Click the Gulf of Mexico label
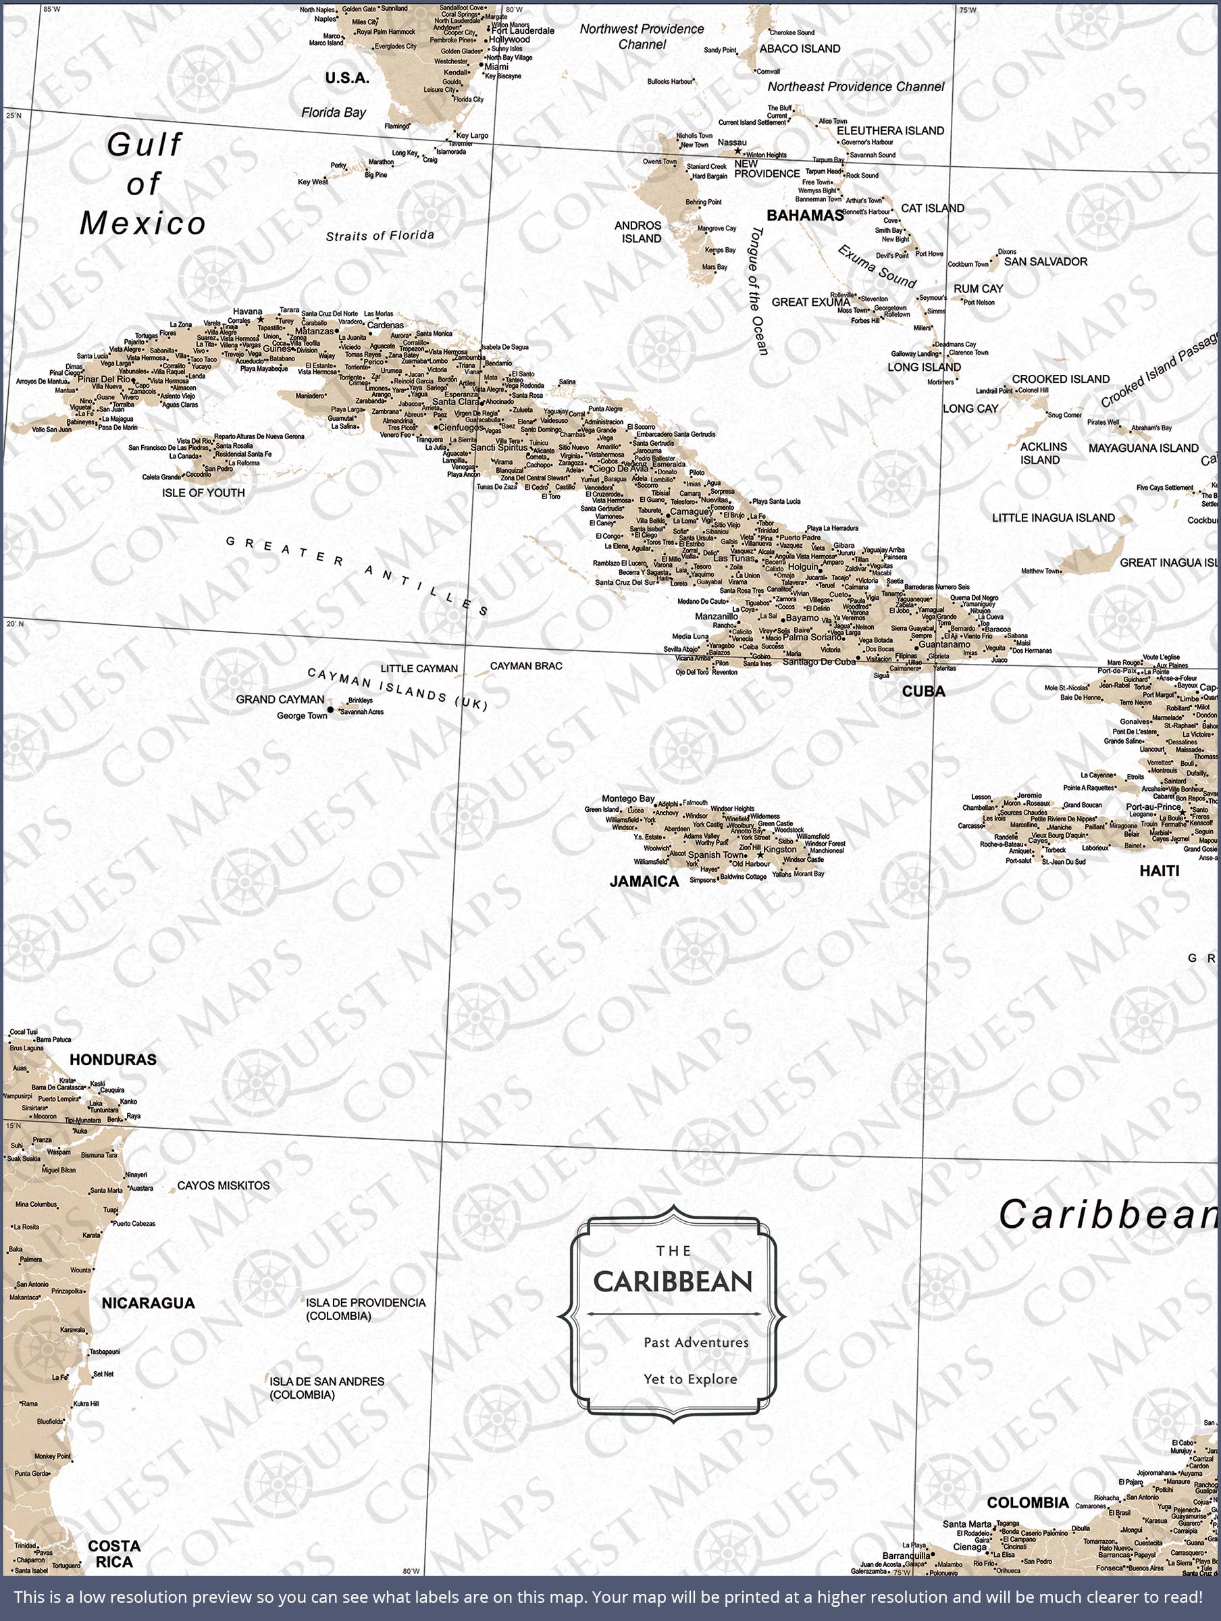[x=144, y=184]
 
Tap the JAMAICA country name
[x=644, y=881]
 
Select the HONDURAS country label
[x=113, y=1060]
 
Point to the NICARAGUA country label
[x=148, y=1303]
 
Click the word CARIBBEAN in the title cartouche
[x=673, y=1282]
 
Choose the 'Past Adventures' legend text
[x=696, y=1343]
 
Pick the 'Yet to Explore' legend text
[x=690, y=1379]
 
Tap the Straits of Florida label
[x=380, y=236]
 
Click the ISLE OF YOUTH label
[x=203, y=493]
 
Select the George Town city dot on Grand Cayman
[x=330, y=709]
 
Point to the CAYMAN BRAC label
[x=525, y=666]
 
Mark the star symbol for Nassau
[x=738, y=151]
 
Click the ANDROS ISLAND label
[x=638, y=232]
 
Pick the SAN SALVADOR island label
[x=1045, y=261]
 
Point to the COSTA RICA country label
[x=113, y=1553]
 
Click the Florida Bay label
[x=334, y=112]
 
